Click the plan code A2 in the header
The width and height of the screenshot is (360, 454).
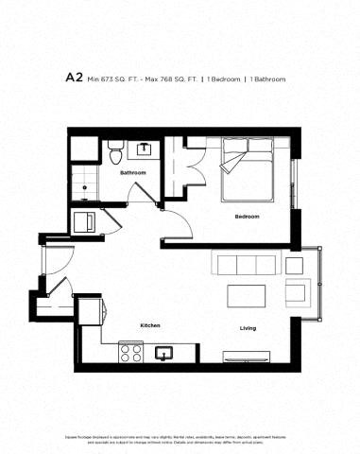(75, 79)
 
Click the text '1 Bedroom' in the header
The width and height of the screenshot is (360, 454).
(225, 79)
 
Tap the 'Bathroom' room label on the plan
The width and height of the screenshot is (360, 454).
(131, 174)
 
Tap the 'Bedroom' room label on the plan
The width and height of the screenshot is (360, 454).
(248, 217)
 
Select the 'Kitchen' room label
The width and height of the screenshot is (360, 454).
(149, 324)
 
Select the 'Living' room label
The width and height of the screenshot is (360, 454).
(248, 328)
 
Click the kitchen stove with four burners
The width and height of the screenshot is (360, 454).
(129, 354)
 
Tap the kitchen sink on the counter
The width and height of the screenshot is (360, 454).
(163, 354)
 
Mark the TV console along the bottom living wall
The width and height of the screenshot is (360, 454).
(248, 358)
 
